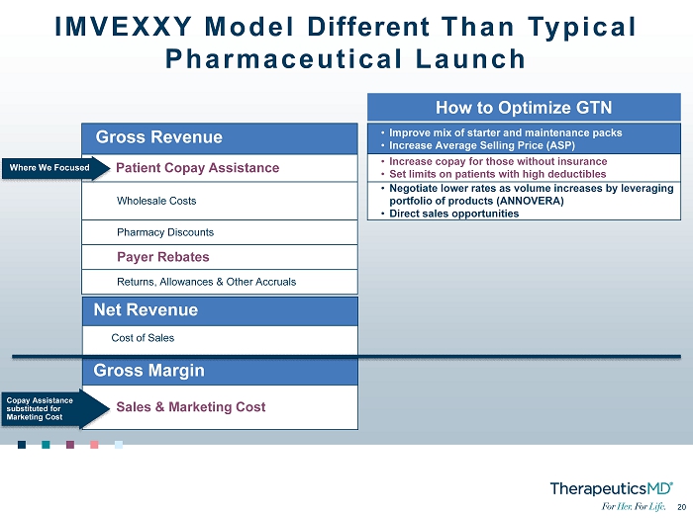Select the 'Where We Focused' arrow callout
click(x=55, y=168)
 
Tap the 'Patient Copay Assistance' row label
click(x=198, y=168)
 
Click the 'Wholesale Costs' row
click(x=156, y=201)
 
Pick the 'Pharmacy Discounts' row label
click(x=165, y=232)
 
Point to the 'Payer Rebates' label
click(x=163, y=257)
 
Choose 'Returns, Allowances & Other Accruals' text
click(x=206, y=282)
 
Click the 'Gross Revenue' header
click(x=159, y=136)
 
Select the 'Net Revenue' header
click(x=146, y=309)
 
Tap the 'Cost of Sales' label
click(x=143, y=338)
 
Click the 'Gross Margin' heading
click(x=148, y=370)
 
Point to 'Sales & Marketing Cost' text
click(x=191, y=407)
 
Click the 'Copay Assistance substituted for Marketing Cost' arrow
click(x=55, y=408)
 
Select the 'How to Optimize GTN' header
click(x=524, y=107)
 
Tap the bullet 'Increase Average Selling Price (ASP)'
click(x=482, y=145)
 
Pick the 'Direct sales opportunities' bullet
click(x=453, y=214)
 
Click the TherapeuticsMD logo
click(x=612, y=489)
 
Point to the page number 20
click(x=681, y=507)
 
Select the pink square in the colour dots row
click(x=94, y=444)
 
